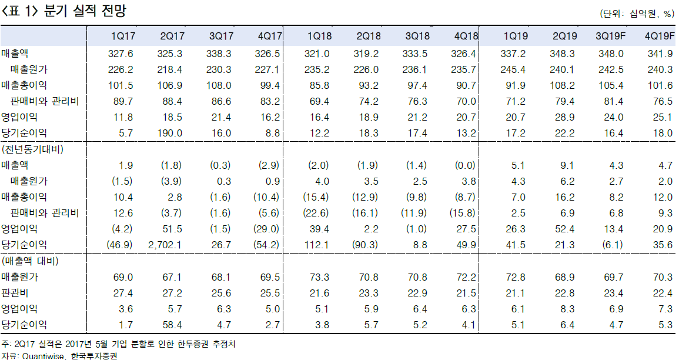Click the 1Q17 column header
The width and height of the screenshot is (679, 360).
[122, 36]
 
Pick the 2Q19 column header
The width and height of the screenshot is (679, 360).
[564, 36]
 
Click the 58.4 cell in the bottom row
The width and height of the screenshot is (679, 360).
[173, 324]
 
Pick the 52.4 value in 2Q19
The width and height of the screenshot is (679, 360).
[566, 228]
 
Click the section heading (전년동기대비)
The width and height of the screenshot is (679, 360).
[33, 149]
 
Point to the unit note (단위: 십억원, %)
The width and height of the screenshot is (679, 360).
[637, 14]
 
